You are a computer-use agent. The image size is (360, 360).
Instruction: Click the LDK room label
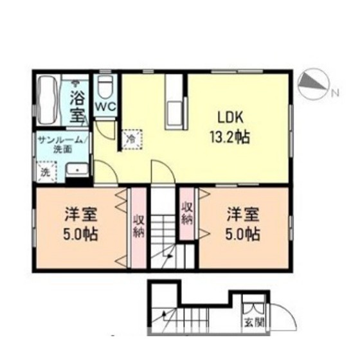[230, 117]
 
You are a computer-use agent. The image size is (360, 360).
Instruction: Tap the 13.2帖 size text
[230, 137]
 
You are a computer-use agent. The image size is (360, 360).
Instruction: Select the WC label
[105, 107]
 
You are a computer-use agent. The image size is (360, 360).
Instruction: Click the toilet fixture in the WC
[105, 87]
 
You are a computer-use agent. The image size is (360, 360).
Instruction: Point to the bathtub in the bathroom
[49, 100]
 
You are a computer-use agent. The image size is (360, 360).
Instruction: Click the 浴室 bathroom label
[77, 107]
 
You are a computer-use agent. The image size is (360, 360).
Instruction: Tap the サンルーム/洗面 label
[61, 145]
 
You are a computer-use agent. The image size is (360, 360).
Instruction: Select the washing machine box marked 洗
[46, 172]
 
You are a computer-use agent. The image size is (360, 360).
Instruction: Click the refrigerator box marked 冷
[132, 139]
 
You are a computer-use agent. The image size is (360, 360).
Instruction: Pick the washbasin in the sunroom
[77, 170]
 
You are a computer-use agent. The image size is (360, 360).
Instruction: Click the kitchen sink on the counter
[175, 113]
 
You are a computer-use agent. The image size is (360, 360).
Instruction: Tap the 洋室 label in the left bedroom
[81, 214]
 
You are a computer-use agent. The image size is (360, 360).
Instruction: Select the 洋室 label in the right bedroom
[243, 214]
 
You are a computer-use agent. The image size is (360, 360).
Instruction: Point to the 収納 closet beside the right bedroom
[187, 214]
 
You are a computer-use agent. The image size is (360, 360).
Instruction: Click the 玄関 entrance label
[253, 323]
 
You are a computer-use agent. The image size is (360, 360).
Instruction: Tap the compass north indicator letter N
[336, 93]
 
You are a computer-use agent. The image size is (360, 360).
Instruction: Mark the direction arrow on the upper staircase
[170, 256]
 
